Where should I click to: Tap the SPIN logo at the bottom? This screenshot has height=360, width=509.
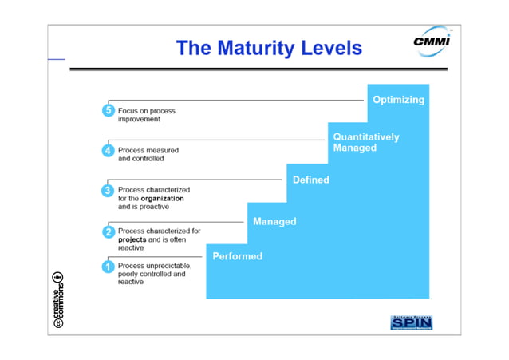click(412, 323)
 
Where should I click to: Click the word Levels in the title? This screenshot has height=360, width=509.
click(329, 49)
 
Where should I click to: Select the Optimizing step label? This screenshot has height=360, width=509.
click(398, 101)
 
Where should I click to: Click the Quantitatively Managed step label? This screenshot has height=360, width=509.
click(366, 142)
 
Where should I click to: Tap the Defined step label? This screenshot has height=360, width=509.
click(311, 180)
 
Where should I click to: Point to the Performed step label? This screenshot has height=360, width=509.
click(237, 256)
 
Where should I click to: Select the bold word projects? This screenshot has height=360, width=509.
click(132, 239)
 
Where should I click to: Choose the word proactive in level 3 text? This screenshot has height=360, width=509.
click(153, 206)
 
